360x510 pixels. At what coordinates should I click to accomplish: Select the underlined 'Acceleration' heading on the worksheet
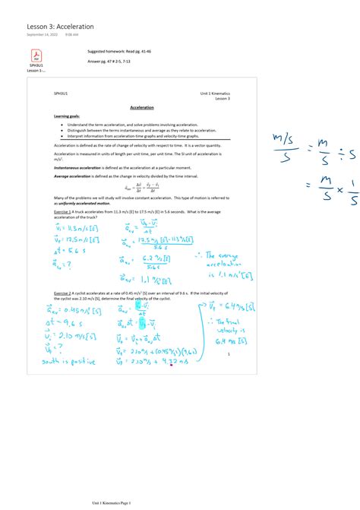[x=142, y=108]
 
